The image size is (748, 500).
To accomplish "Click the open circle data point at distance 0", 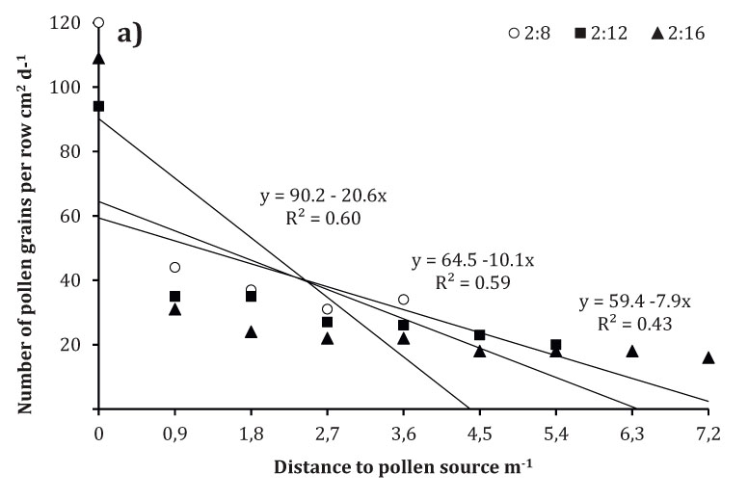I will [98, 22].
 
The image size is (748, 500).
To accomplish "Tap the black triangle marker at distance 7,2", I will [708, 357].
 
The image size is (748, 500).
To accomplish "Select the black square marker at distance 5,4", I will [556, 345].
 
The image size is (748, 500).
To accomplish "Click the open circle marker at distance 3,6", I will [403, 300].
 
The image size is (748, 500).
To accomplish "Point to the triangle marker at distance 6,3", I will [632, 351].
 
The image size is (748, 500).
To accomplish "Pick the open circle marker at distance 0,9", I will [174, 267].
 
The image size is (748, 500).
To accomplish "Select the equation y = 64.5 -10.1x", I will [472, 260].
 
